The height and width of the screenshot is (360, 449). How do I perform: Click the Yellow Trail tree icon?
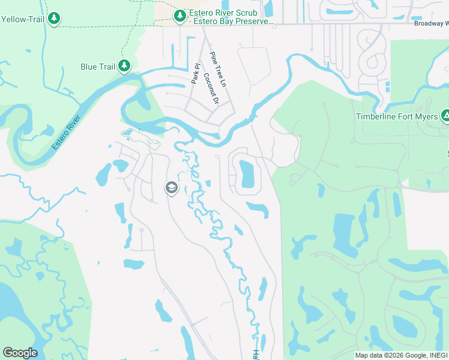[x=55, y=19]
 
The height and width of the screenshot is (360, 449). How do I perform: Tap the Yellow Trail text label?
[x=23, y=19]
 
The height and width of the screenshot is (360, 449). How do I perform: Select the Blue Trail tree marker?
[x=124, y=66]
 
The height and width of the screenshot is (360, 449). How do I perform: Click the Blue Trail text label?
[x=97, y=67]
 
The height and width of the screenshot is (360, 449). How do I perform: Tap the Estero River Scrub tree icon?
[x=179, y=16]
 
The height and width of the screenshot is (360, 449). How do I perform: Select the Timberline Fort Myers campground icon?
[x=445, y=115]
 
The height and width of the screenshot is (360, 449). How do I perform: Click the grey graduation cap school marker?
[x=171, y=188]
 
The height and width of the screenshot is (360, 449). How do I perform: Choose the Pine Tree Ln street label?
[x=217, y=70]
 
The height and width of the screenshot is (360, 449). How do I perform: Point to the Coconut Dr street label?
[x=210, y=89]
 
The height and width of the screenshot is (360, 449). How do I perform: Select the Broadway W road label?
[x=431, y=24]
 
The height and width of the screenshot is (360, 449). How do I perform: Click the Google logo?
[x=20, y=352]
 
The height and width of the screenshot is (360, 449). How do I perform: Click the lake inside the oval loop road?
[x=247, y=173]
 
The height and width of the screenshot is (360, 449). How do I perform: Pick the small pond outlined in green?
[x=128, y=133]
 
